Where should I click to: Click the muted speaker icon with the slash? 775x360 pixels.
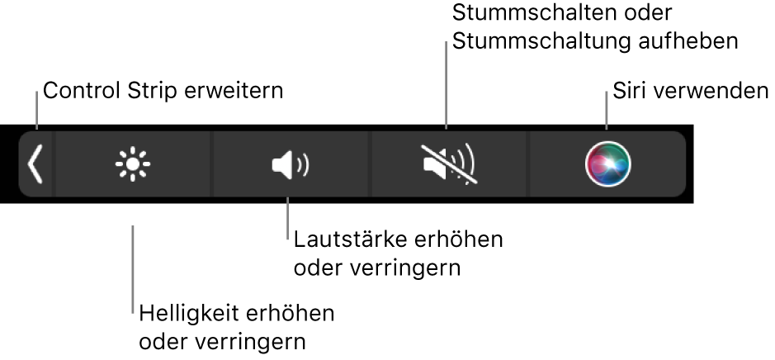coord(449,163)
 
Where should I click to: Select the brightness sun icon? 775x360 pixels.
coord(132,164)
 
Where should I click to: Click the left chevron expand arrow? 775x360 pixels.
coord(35,163)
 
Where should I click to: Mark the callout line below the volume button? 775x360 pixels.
coord(286,216)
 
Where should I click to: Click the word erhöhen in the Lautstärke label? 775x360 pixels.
coord(463,242)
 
